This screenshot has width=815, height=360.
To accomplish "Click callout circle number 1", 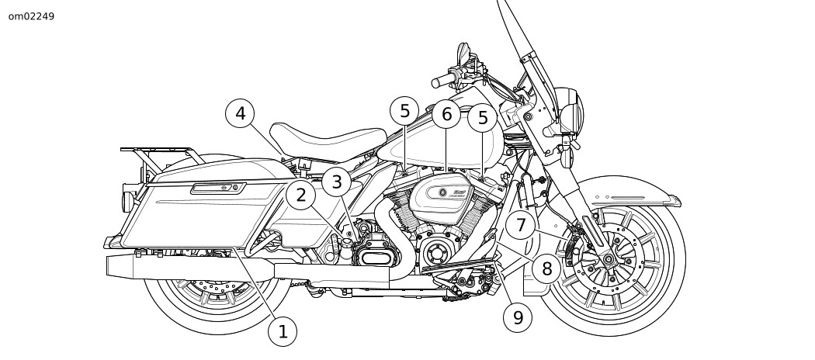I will click(283, 332).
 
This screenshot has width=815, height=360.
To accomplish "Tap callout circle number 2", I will click(301, 195).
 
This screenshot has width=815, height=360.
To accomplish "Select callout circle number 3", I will click(337, 182).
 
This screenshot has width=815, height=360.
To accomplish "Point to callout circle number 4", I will click(241, 114).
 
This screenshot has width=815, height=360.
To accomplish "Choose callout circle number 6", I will click(446, 115).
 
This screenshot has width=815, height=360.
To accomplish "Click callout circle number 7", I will click(522, 226).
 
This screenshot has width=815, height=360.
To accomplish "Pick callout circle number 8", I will click(547, 268).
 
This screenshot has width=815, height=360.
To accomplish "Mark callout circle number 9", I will click(518, 317).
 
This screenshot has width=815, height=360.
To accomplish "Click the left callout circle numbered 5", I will click(404, 111).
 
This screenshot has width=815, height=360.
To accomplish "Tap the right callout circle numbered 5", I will click(483, 118).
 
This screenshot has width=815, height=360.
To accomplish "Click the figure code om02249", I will click(31, 16).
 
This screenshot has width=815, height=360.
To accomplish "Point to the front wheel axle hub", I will click(608, 258).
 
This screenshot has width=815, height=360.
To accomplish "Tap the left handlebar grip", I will click(440, 80).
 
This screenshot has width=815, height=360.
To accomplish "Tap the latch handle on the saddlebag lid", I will click(219, 187).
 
